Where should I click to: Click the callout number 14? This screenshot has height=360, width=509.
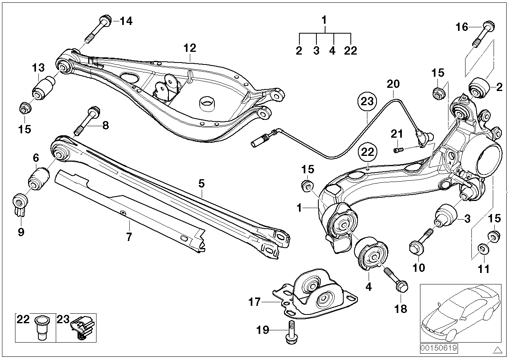(126, 21)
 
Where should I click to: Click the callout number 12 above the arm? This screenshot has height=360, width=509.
(189, 48)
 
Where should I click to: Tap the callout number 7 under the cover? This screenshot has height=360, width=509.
(129, 237)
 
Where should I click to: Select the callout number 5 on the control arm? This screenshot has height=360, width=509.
(201, 183)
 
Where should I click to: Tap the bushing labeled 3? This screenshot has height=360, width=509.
(446, 214)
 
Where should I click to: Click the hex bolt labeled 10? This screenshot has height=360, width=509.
(420, 243)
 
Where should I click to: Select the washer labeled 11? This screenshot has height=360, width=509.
(482, 249)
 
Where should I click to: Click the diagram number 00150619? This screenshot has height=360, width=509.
(439, 348)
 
